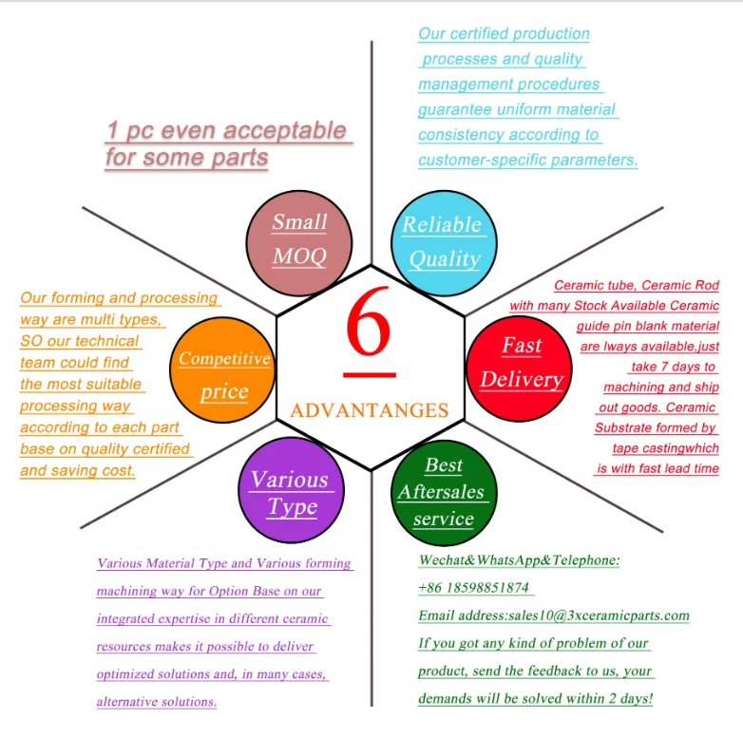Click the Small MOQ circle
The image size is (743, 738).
299,239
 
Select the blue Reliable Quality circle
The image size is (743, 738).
443,241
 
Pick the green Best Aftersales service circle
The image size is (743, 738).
443,492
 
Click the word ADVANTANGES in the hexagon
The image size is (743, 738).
369,410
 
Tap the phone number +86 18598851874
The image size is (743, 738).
473,588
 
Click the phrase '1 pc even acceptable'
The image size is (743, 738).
227,130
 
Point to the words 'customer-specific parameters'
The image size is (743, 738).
527,160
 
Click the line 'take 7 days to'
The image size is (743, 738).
673,367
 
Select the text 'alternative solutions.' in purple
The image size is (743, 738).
156,702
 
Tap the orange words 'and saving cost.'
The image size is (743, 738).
78,470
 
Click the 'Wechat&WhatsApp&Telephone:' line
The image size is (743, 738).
519,560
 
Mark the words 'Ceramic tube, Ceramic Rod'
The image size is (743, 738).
637,285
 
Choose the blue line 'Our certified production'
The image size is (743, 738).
504,34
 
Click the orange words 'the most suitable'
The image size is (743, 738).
81,384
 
